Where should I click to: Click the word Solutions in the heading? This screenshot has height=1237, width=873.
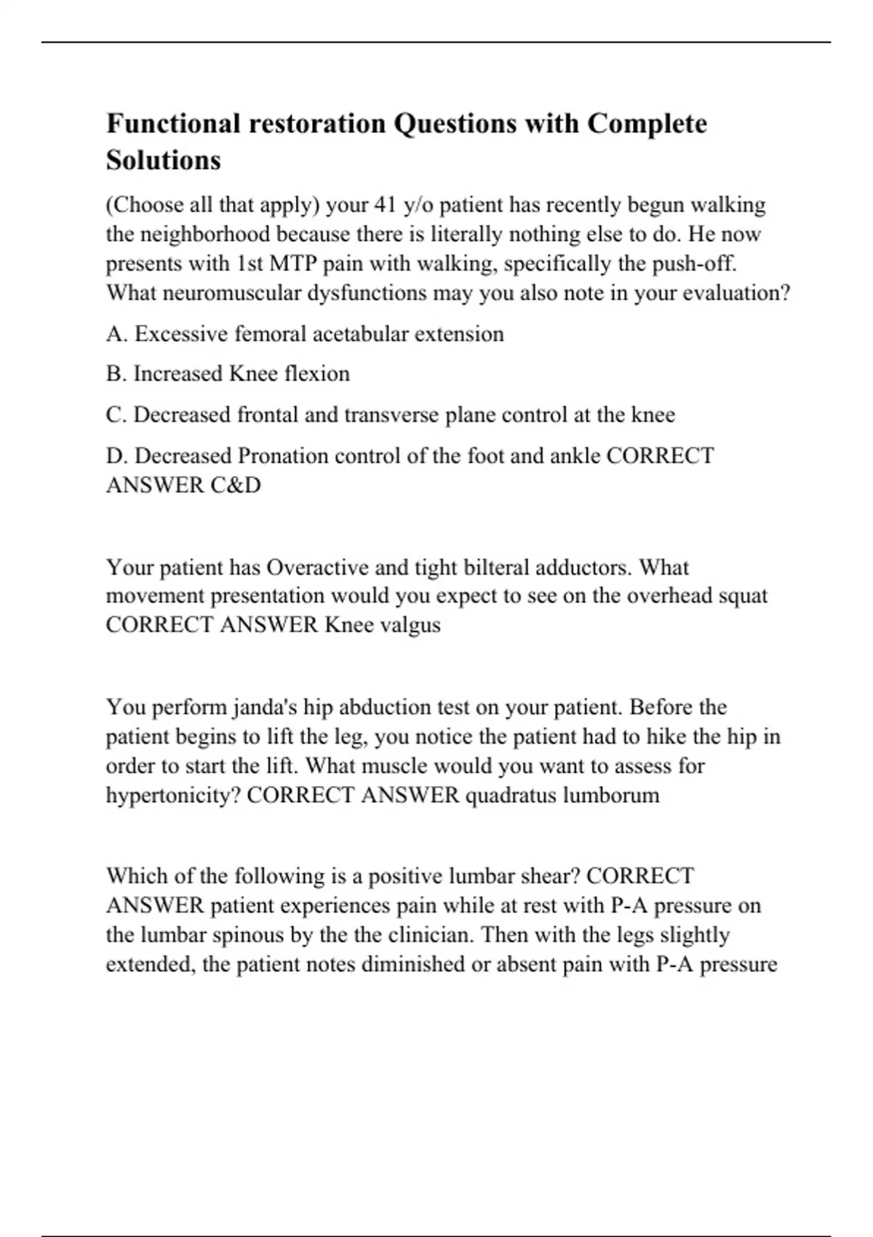tap(163, 160)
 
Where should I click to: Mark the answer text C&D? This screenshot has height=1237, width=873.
tap(236, 485)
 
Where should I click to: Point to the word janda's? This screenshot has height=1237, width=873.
tap(265, 707)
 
